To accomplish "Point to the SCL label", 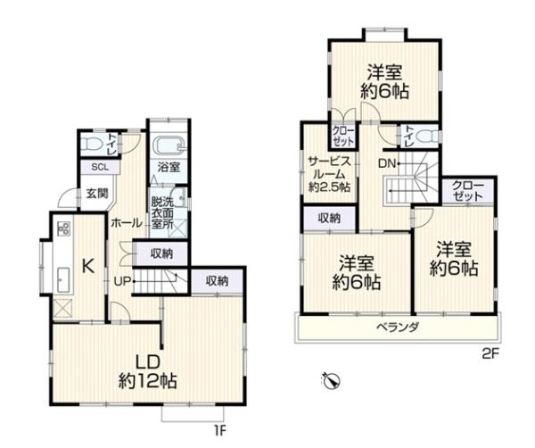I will pos(93,167).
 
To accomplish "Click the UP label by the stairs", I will pos(124,281).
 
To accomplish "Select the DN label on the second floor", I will pos(387,164).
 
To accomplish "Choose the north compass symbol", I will pos(332,381).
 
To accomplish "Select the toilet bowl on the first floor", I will pos(90,144).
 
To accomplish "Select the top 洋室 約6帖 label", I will pos(384,81).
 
